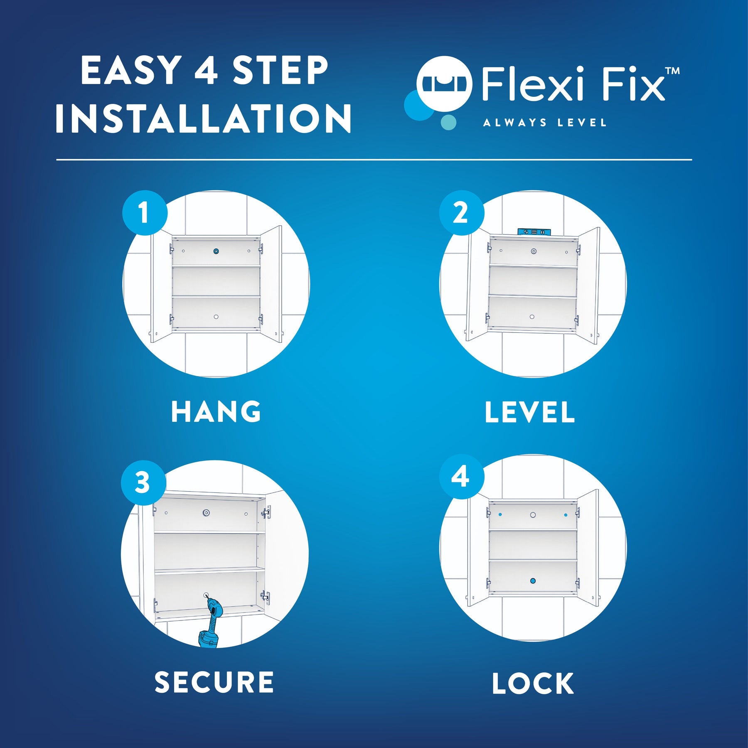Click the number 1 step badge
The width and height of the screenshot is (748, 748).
[x=145, y=213]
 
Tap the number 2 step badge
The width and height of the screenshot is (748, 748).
[x=461, y=213]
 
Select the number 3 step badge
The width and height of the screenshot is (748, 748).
[x=143, y=482]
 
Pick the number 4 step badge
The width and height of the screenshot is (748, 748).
[x=461, y=476]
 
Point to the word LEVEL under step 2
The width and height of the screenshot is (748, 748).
[x=530, y=412]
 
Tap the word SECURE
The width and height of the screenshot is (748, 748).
[x=214, y=682]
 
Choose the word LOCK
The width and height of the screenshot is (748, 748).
[x=533, y=683]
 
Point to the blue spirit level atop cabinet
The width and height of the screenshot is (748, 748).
[x=534, y=232]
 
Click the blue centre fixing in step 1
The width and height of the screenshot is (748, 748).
[x=216, y=251]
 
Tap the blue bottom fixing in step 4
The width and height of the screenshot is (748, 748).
[x=533, y=581]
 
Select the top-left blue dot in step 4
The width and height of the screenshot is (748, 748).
[x=500, y=514]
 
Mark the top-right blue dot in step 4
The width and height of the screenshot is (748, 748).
[x=566, y=514]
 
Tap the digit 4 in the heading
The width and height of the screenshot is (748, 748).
[x=206, y=70]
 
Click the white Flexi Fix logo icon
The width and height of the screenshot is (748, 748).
[x=445, y=84]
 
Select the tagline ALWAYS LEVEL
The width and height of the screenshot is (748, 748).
[x=545, y=123]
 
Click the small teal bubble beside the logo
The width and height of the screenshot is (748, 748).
[x=448, y=123]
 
